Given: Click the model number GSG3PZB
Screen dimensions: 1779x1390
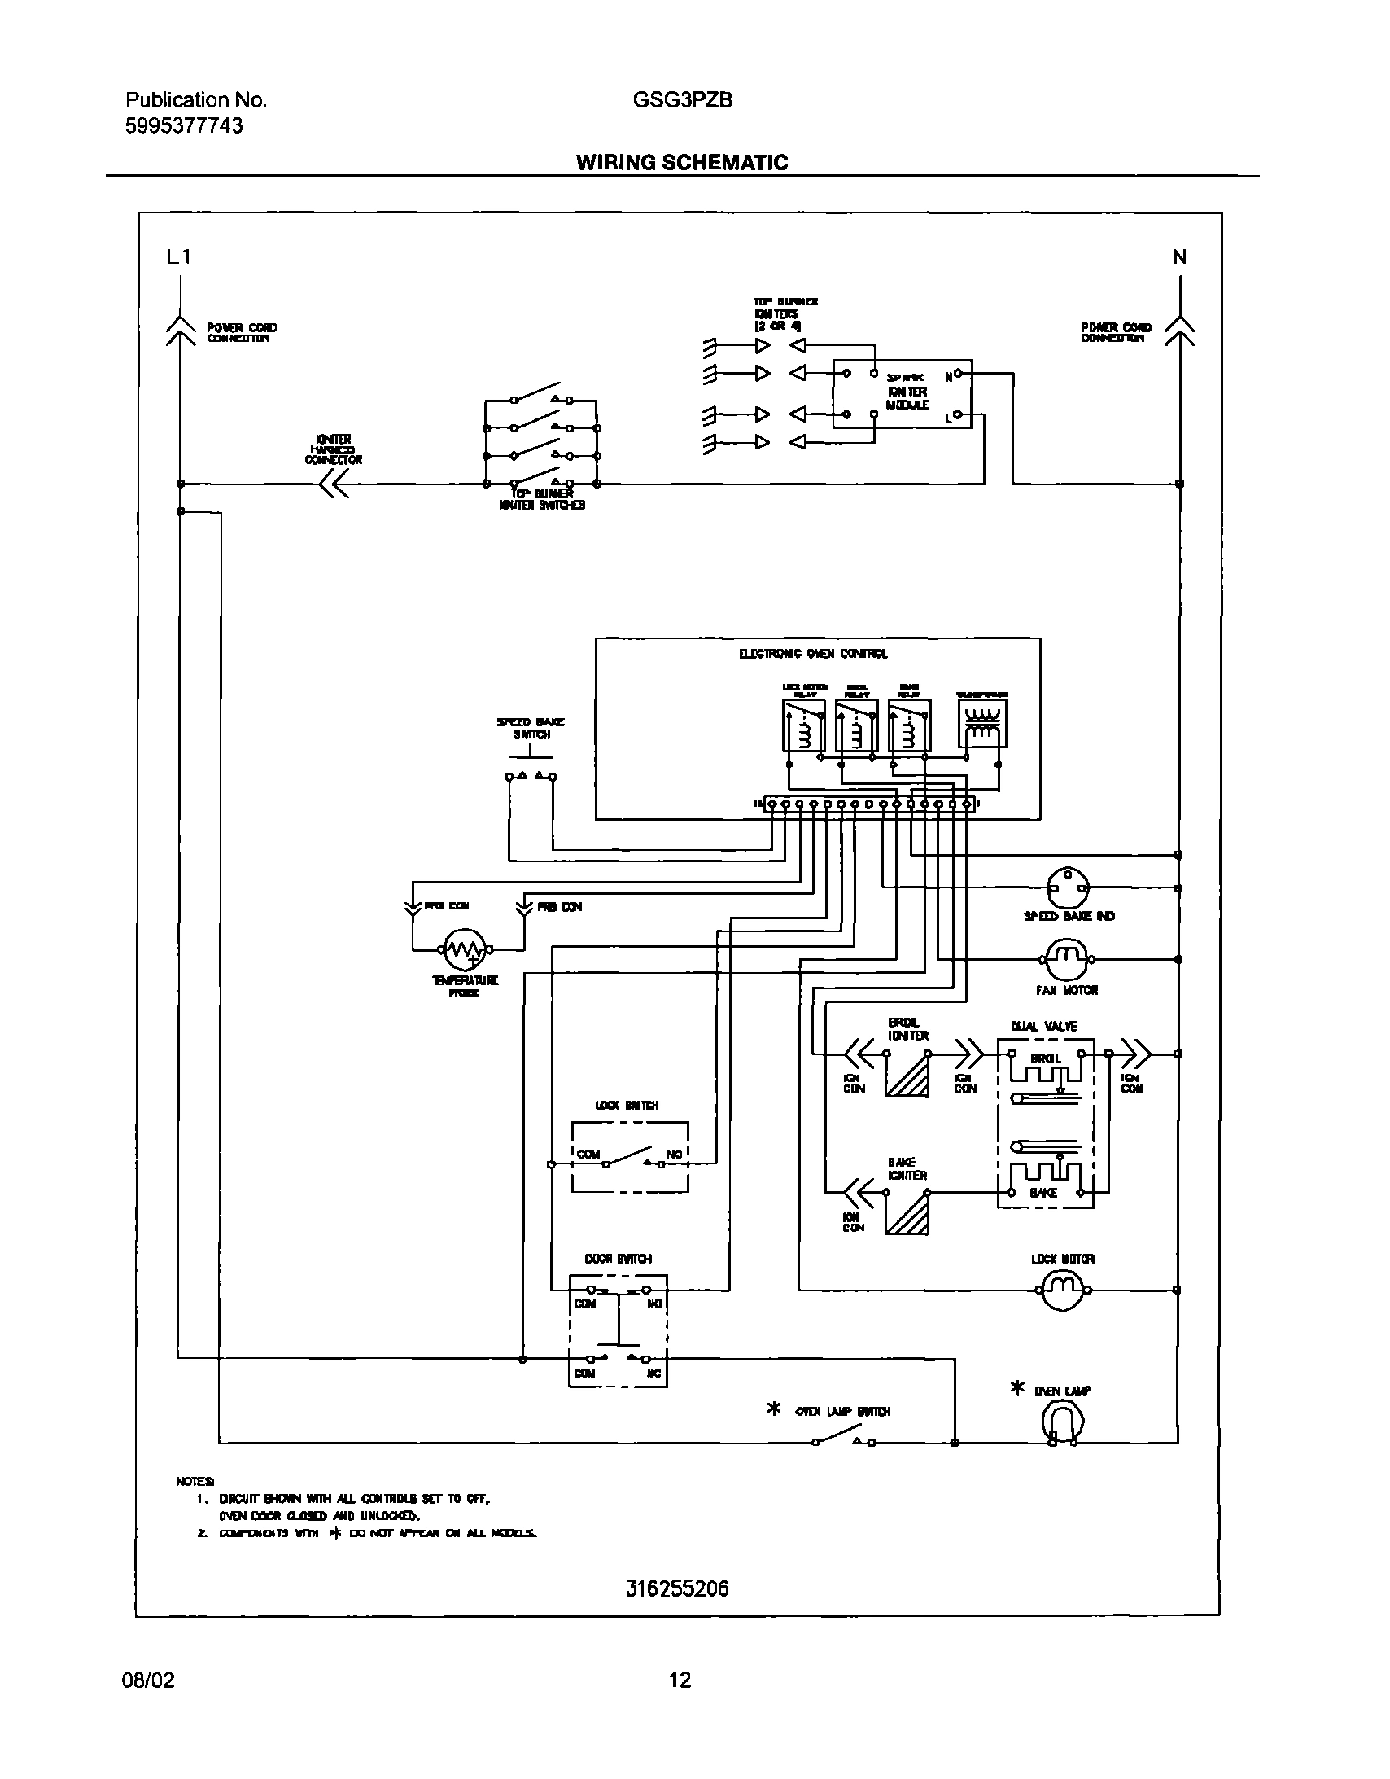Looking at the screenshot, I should click(682, 100).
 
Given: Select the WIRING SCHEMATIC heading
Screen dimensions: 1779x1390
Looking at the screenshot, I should click(681, 162).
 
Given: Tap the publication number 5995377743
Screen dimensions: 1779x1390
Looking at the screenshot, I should click(184, 125).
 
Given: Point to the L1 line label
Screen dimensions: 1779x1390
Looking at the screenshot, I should click(178, 257).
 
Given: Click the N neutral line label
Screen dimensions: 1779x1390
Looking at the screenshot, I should click(1179, 257).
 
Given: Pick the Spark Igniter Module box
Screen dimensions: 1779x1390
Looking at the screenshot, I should click(903, 394).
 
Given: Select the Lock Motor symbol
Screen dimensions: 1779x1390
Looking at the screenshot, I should click(1064, 1290).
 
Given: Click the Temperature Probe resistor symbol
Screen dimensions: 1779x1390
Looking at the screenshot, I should click(465, 949).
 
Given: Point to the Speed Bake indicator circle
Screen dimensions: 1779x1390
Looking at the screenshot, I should click(1067, 888).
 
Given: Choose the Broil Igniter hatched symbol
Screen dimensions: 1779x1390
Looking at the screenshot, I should click(907, 1075).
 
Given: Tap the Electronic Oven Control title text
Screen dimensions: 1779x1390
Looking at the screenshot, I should click(813, 653).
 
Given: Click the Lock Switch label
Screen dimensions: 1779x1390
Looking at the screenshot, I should click(627, 1106).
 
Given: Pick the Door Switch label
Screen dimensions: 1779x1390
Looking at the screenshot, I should click(618, 1259).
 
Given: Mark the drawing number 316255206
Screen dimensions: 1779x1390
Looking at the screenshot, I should click(677, 1588).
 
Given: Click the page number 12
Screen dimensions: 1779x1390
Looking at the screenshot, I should click(679, 1680).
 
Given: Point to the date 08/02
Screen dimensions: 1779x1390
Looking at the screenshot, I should click(148, 1680).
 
